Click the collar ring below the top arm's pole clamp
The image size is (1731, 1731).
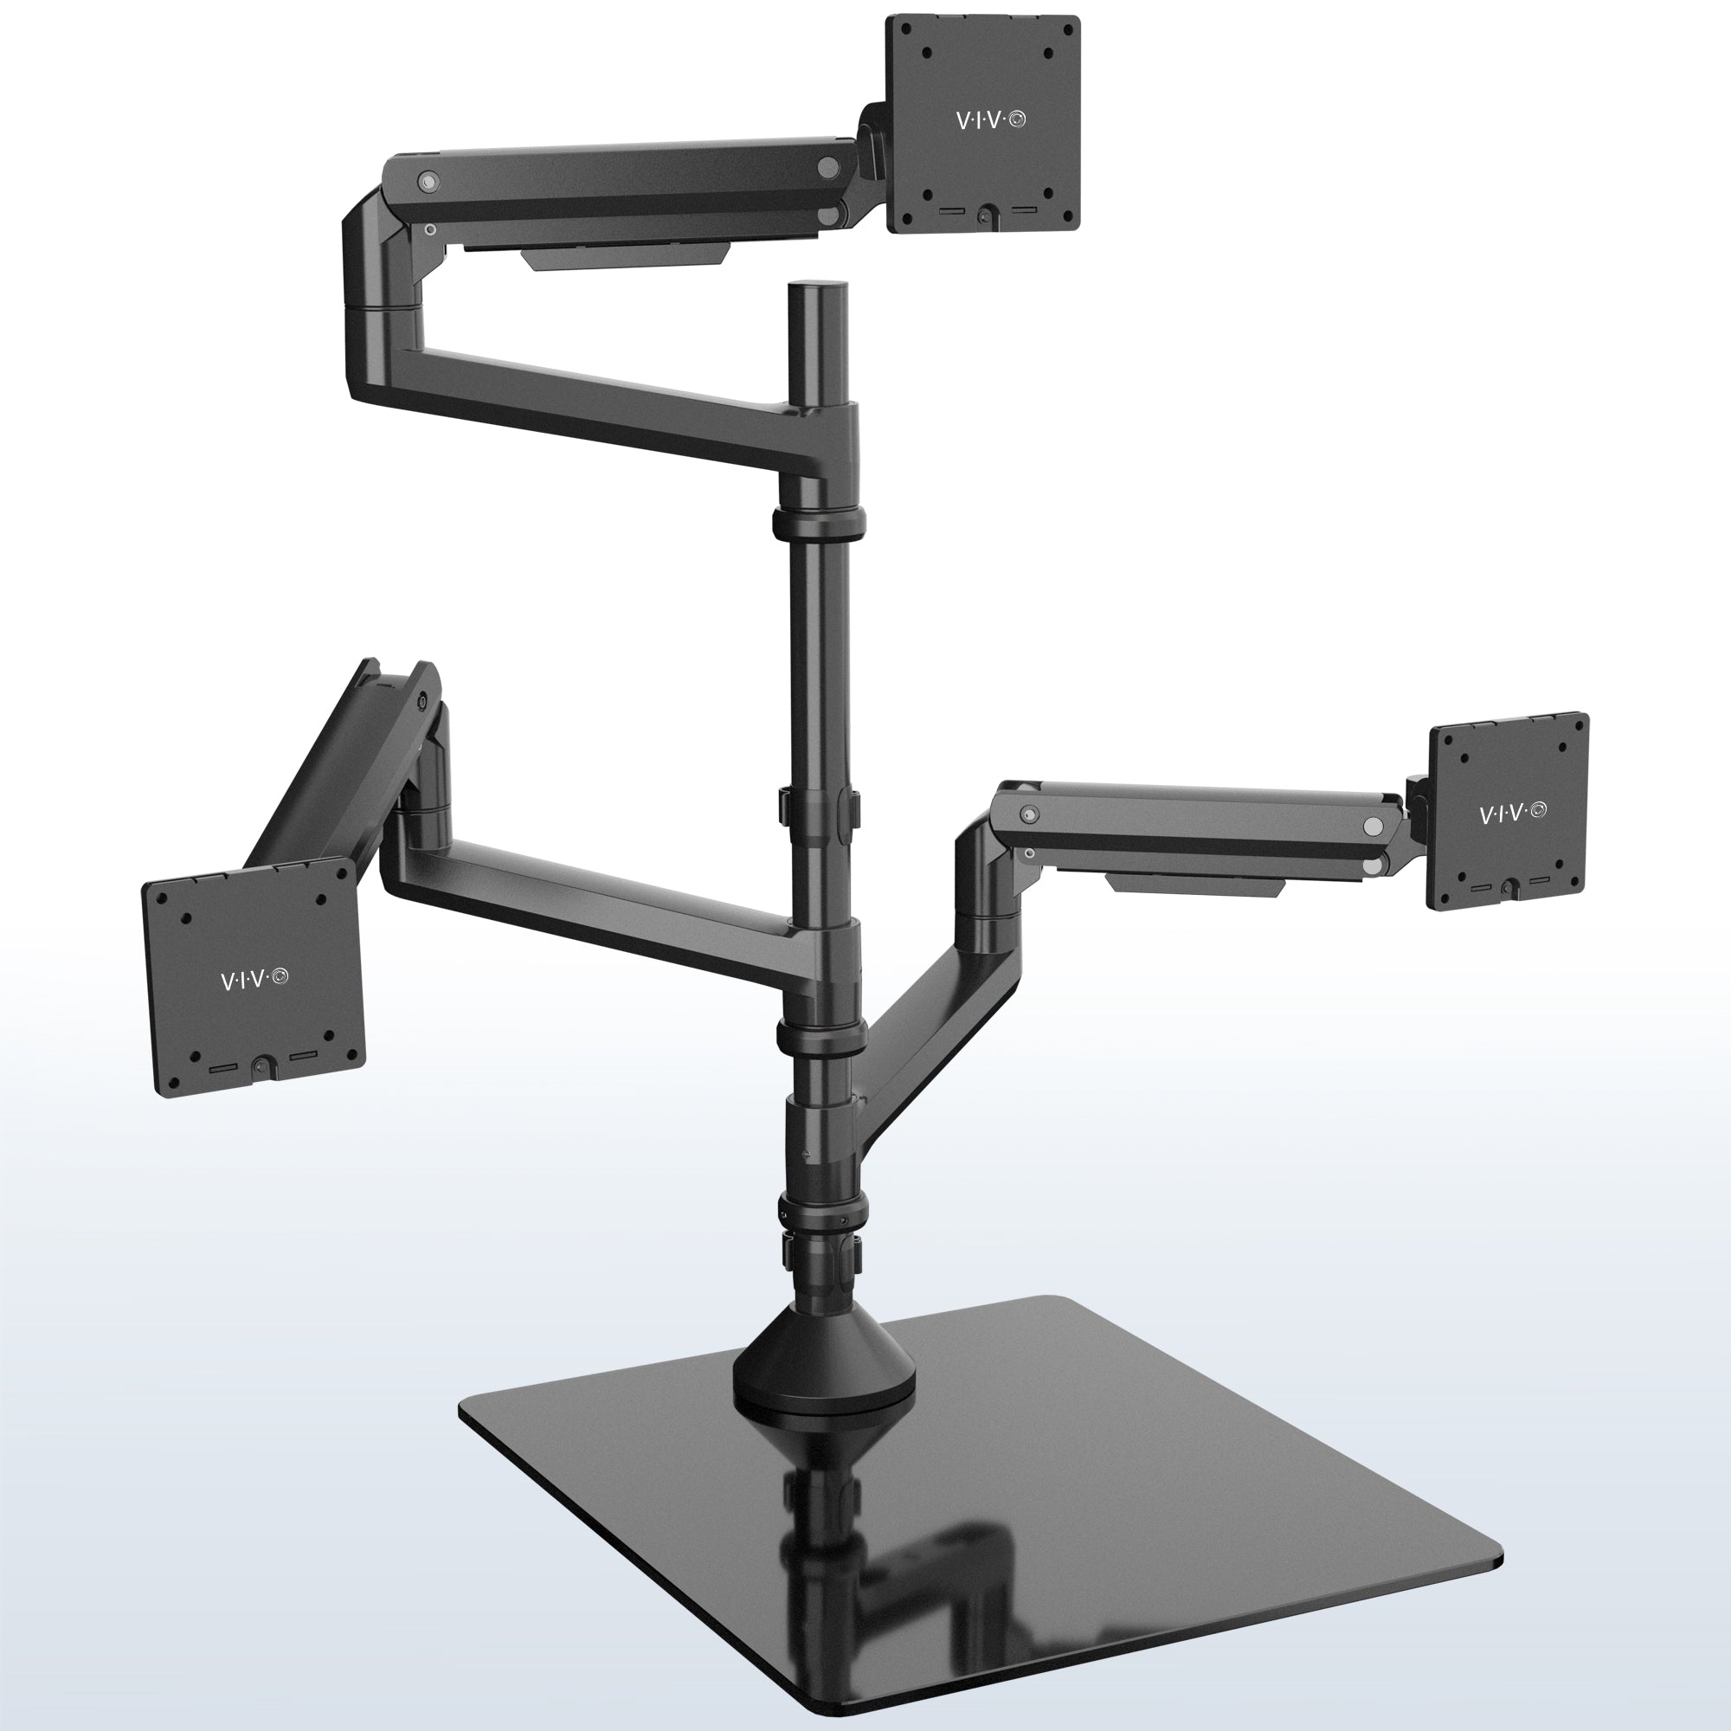point(819,519)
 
